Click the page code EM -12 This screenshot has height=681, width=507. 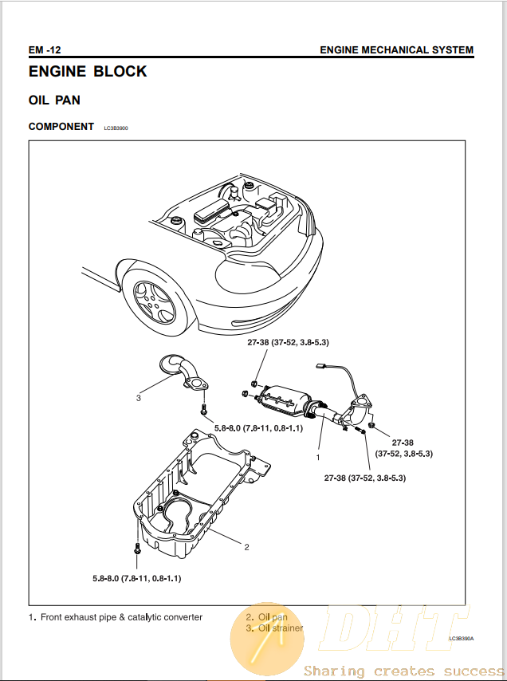pyautogui.click(x=45, y=50)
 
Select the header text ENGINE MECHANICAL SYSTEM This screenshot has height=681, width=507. pyautogui.click(x=396, y=50)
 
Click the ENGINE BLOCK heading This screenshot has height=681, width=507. pyautogui.click(x=88, y=72)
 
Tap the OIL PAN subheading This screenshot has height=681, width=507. pyautogui.click(x=54, y=100)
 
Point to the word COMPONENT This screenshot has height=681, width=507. pyautogui.click(x=61, y=127)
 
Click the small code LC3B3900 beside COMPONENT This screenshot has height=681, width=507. pyautogui.click(x=116, y=128)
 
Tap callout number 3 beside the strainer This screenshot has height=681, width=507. pyautogui.click(x=139, y=397)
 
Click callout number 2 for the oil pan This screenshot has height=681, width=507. pyautogui.click(x=247, y=547)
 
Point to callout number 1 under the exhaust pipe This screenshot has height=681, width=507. pyautogui.click(x=318, y=458)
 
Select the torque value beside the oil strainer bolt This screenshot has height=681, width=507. pyautogui.click(x=259, y=429)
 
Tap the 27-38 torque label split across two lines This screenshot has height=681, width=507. pyautogui.click(x=403, y=447)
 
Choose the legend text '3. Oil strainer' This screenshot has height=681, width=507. pyautogui.click(x=274, y=628)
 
